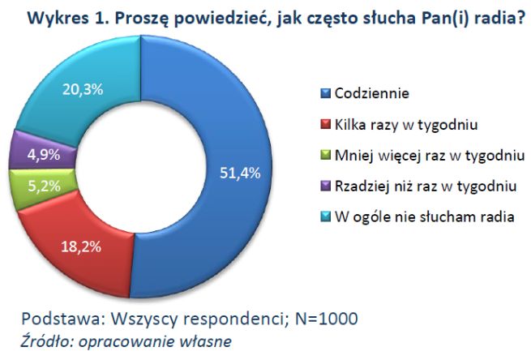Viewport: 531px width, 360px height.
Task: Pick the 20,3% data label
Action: (83, 89)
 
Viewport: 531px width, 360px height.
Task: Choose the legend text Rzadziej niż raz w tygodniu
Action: (425, 186)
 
